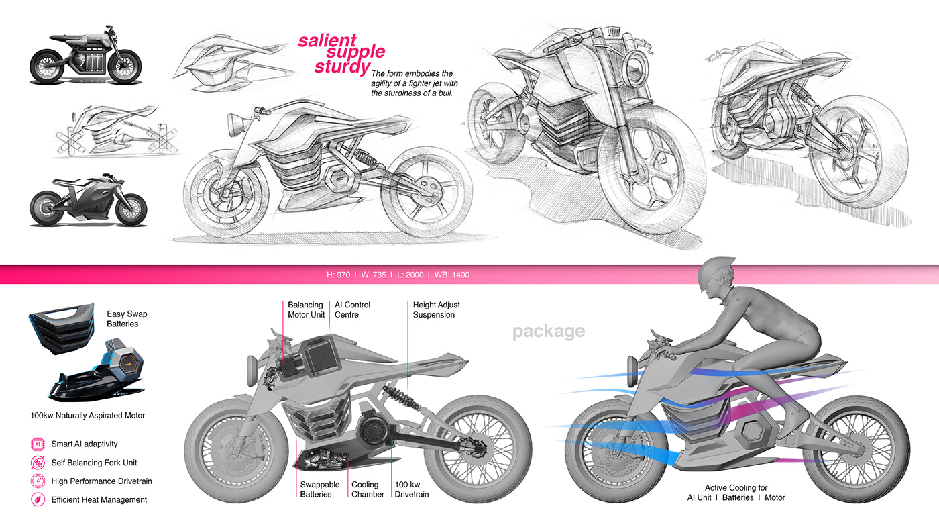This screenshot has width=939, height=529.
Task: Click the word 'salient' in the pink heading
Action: pos(327,40)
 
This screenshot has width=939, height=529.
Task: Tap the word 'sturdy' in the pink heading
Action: pos(343,67)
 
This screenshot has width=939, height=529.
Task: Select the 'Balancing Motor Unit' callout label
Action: pos(306,309)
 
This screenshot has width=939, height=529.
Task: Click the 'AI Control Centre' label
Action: pos(352,309)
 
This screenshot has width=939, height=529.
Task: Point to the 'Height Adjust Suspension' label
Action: pos(436,309)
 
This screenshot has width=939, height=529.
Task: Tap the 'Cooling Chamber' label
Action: pos(368,489)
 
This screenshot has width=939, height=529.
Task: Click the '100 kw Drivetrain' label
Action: pos(411,489)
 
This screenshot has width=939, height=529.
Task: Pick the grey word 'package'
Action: pos(549,331)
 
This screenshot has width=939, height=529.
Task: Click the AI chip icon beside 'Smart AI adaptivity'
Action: pos(38,444)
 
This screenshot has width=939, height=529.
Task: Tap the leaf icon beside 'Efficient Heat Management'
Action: pos(38,499)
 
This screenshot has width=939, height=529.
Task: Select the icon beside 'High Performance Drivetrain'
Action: pos(38,481)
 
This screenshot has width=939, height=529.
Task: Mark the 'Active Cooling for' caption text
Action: pos(736,488)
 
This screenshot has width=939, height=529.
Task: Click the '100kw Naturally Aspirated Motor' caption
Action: pos(88,416)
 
